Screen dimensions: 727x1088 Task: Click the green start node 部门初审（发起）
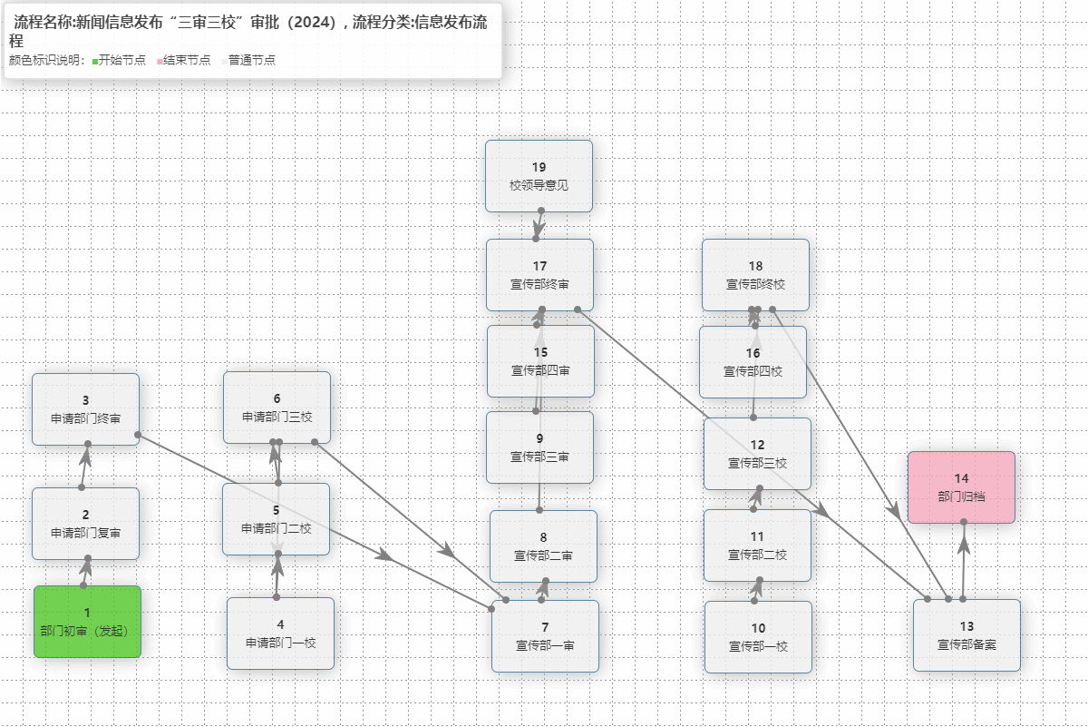coord(87,622)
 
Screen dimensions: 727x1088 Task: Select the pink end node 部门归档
coord(961,486)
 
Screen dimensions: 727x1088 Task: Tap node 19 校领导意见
coord(539,176)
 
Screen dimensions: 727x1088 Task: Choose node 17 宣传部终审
coord(539,275)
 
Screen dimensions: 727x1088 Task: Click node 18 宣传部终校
coord(755,275)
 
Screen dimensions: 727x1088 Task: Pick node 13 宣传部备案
coord(967,635)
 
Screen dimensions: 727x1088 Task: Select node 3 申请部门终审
coord(85,409)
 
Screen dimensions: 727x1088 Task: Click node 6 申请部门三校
coord(277,408)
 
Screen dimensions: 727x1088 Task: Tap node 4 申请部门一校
coord(280,634)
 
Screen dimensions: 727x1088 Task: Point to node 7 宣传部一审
coord(545,636)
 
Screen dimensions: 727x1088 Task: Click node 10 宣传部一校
coord(758,637)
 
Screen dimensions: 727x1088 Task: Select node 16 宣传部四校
coord(753,362)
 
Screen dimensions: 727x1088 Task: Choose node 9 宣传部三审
coord(539,447)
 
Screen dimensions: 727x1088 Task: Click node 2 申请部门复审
coord(85,524)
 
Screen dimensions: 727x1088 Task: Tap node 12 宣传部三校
coord(757,454)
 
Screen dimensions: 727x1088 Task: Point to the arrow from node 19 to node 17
coord(538,224)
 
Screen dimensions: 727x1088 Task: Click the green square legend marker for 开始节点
coord(94,61)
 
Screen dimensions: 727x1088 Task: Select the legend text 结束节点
coord(187,60)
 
